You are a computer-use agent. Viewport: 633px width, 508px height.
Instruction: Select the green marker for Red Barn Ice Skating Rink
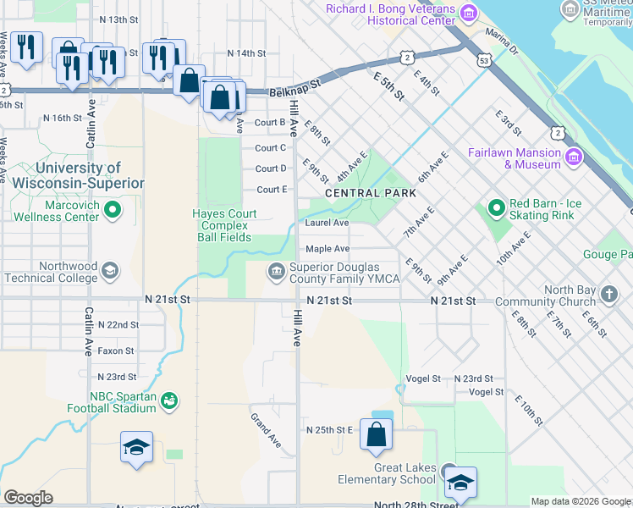pyautogui.click(x=496, y=207)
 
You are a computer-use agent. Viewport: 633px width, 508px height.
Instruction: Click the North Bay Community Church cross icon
pyautogui.click(x=609, y=295)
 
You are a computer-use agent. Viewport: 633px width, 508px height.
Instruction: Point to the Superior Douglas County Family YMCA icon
pyautogui.click(x=276, y=272)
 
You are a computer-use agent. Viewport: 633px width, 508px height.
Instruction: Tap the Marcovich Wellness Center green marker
pyautogui.click(x=112, y=209)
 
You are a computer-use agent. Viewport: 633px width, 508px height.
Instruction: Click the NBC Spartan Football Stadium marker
pyautogui.click(x=168, y=400)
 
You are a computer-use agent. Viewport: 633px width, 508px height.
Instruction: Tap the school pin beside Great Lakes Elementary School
pyautogui.click(x=460, y=483)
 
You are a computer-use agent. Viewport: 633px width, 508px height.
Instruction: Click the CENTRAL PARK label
pyautogui.click(x=371, y=193)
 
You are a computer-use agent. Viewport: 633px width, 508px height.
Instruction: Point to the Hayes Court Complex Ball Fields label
pyautogui.click(x=222, y=226)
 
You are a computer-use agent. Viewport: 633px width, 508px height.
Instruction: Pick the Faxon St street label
pyautogui.click(x=116, y=351)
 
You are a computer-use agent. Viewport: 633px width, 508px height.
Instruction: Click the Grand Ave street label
pyautogui.click(x=266, y=430)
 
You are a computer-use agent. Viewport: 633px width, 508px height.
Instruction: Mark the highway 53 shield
pyautogui.click(x=483, y=61)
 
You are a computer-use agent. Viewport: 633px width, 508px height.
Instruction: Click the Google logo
pyautogui.click(x=28, y=497)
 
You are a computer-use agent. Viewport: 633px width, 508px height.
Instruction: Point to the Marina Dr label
pyautogui.click(x=502, y=42)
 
